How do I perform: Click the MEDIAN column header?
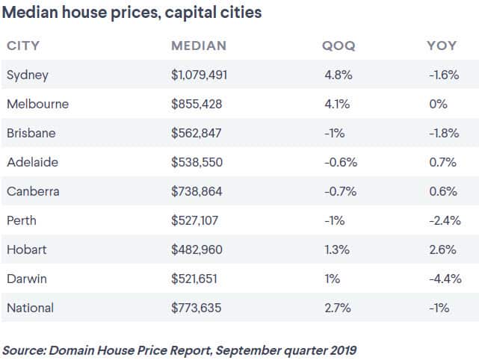198,46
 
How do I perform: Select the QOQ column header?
338,46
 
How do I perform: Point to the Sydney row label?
27,75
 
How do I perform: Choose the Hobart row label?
25,249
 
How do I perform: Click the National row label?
30,308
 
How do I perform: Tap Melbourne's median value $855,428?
197,104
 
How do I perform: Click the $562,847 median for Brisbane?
197,133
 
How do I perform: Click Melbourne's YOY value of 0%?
438,104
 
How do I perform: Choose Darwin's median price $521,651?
197,279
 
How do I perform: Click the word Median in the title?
30,13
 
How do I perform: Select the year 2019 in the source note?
342,349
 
